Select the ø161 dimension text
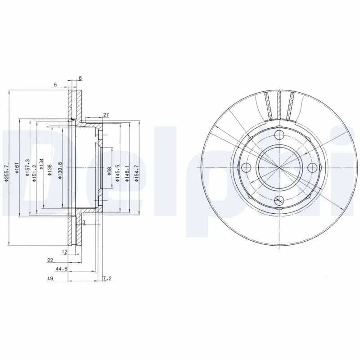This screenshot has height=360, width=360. pyautogui.click(x=16, y=168)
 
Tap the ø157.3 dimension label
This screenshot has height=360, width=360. pyautogui.click(x=27, y=167)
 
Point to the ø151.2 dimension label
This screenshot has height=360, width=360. pyautogui.click(x=34, y=167)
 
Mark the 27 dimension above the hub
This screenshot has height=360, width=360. pyautogui.click(x=106, y=115)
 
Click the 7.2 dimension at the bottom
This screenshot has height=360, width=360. pyautogui.click(x=107, y=279)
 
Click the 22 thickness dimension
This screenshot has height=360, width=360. pyautogui.click(x=50, y=260)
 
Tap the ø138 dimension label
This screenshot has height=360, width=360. pyautogui.click(x=49, y=168)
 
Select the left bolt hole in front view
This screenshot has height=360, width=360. pyautogui.click(x=246, y=168)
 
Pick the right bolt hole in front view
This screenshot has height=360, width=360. pyautogui.click(x=311, y=168)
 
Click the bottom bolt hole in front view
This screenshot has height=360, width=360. pyautogui.click(x=279, y=201)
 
